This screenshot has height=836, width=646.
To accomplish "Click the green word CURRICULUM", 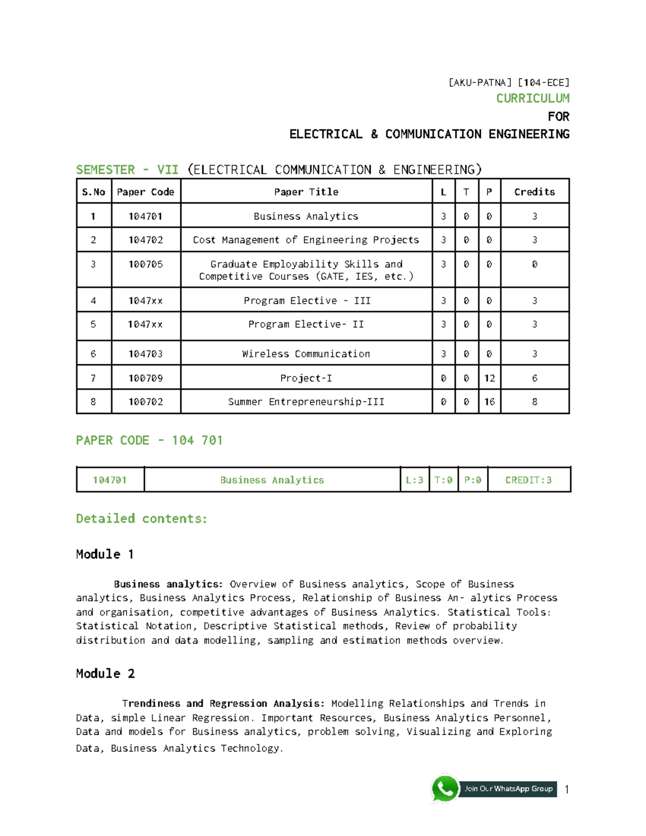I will pos(532,99).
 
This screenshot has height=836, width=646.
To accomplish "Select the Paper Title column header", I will pos(306,192).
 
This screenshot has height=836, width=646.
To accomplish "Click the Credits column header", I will pos(534,192).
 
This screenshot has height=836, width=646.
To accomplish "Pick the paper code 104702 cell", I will pos(145,240).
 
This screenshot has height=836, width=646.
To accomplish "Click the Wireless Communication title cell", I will pos(306,354).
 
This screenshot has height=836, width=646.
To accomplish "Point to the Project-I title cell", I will pos(306,378).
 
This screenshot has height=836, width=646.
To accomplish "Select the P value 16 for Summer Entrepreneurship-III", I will pos(489,402).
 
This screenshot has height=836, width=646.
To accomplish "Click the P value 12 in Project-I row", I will pos(489,378).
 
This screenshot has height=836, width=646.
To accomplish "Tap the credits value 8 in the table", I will pos(534,402).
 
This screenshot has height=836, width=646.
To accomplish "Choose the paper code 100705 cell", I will pos(145,264).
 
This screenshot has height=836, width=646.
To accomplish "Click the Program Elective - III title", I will pos(307,300).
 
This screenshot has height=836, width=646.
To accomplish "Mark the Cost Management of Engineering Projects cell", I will pos(306,240).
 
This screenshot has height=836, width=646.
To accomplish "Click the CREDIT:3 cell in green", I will pos(528,480).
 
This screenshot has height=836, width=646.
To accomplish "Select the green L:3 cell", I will pos(414,480).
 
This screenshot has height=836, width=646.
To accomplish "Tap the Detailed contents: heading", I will pos(142,518).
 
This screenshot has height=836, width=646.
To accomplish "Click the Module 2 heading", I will pos(105,673).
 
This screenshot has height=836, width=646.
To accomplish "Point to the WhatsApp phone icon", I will pos(445,789).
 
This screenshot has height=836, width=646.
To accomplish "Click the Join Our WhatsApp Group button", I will pos(508,789).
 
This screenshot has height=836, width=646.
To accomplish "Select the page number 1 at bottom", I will pos(566,790).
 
